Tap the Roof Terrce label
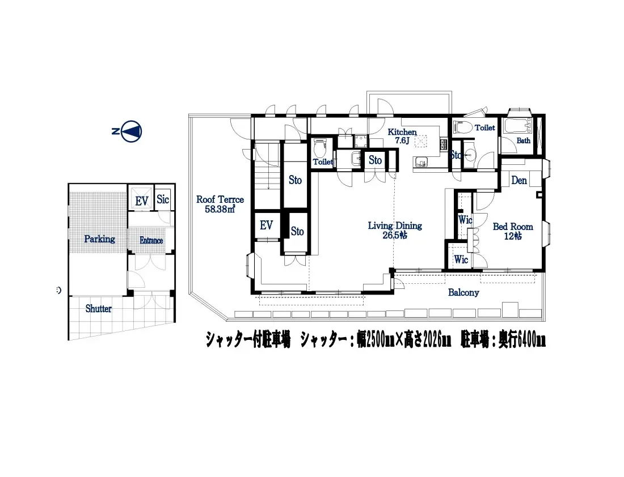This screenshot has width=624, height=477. coord(220,199)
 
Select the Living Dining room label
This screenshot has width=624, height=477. coord(395,226)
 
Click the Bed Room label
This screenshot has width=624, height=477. coord(513,227)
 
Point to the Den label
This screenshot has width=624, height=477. coord(519,181)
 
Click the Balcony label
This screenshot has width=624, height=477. coord(463,292)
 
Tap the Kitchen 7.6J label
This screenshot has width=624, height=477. coord(402,136)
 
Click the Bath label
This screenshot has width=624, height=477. coord(524,140)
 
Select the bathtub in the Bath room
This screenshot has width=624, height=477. coord(518,126)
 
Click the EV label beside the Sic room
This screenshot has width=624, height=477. coord(142,201)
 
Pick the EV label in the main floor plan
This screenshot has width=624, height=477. coord(266,225)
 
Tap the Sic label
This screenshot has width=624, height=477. coord(163,199)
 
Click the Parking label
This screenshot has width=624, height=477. coord(99,239)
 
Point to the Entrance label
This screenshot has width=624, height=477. coord(151,241)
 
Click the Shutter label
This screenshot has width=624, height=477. coord(98,308)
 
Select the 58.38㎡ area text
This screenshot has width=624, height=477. coord(220,209)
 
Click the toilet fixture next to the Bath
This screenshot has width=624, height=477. coord(462,127)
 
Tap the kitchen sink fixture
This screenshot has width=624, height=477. coord(421,162)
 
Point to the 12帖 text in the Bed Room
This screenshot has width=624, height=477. coord(513,236)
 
